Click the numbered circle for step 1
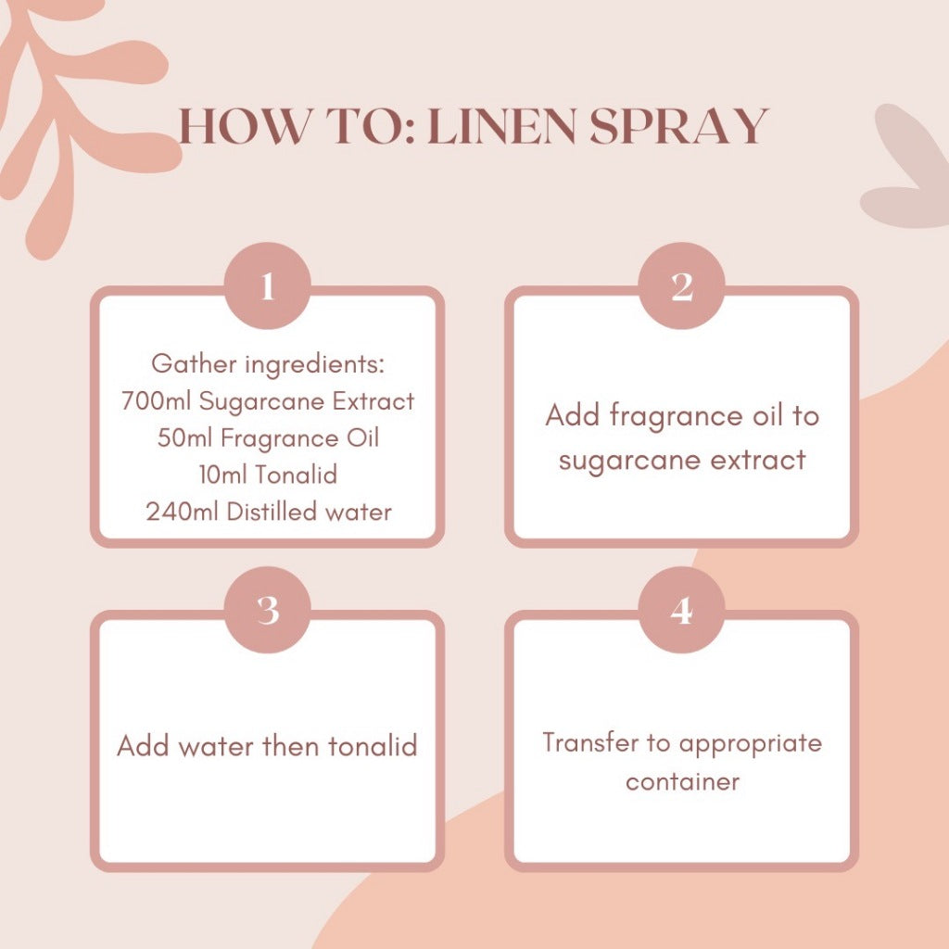point(268,285)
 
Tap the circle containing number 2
point(682,285)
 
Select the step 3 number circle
point(268,610)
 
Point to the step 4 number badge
point(682,610)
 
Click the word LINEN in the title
point(501,126)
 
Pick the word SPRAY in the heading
point(679,126)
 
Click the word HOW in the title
point(245,126)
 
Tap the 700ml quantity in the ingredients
point(156,401)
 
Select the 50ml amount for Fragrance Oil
point(184,438)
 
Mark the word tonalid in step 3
point(373,746)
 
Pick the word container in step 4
point(682,781)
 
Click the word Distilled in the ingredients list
point(272,512)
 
